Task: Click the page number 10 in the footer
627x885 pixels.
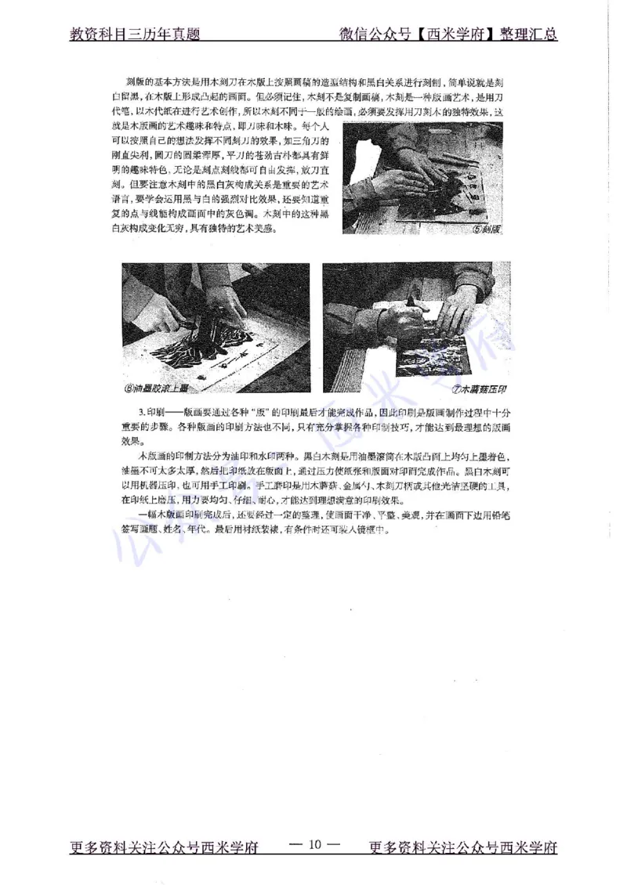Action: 314,846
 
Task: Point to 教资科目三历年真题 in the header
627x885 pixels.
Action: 135,34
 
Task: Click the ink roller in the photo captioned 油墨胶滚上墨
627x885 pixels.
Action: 210,338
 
